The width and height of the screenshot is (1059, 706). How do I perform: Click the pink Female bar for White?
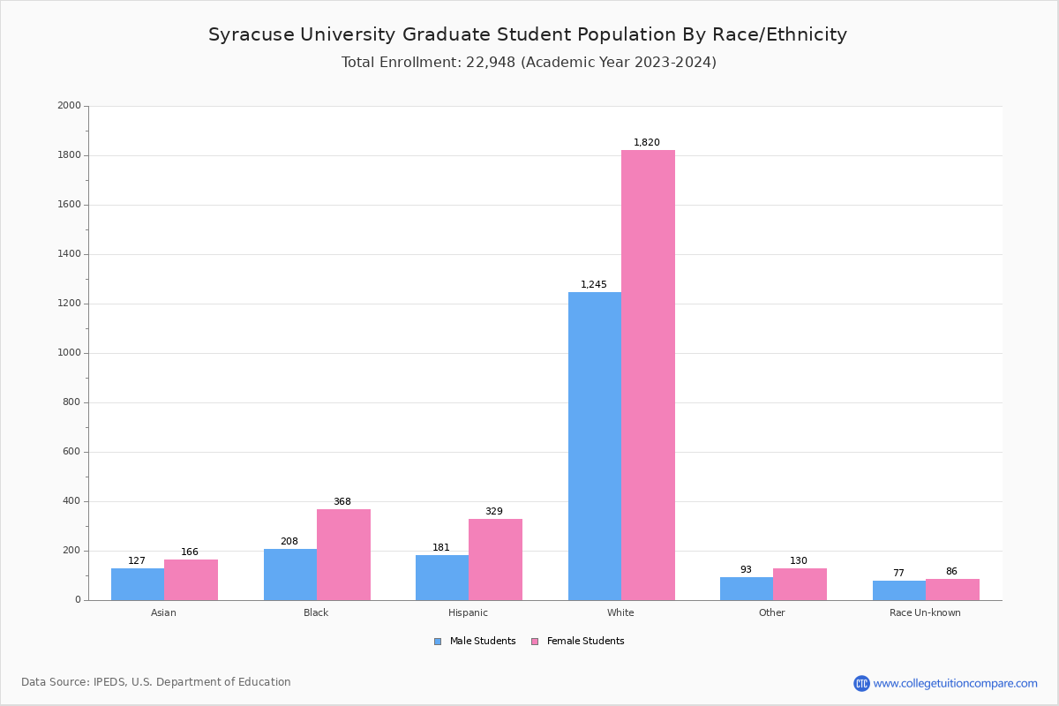(x=648, y=375)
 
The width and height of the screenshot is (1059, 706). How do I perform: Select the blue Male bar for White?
(x=594, y=446)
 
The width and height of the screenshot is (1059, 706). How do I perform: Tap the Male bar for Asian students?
(x=138, y=584)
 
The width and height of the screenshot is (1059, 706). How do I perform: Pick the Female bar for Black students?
(x=343, y=554)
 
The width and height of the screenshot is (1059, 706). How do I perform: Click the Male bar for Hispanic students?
(x=442, y=577)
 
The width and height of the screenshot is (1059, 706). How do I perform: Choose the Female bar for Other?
(x=800, y=583)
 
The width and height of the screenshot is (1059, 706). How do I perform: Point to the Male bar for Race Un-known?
(x=898, y=590)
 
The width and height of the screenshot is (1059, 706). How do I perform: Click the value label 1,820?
(x=647, y=143)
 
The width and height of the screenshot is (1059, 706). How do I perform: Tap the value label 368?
(x=342, y=502)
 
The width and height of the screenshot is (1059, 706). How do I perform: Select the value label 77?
(x=898, y=574)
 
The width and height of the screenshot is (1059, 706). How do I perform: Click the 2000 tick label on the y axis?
(x=69, y=106)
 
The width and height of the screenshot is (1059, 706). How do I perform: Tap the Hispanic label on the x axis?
(x=468, y=612)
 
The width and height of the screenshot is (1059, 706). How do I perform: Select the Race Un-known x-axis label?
(x=925, y=612)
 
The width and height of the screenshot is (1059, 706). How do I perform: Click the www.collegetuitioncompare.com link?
(x=955, y=683)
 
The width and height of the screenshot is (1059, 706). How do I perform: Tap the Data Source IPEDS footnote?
(x=156, y=682)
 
